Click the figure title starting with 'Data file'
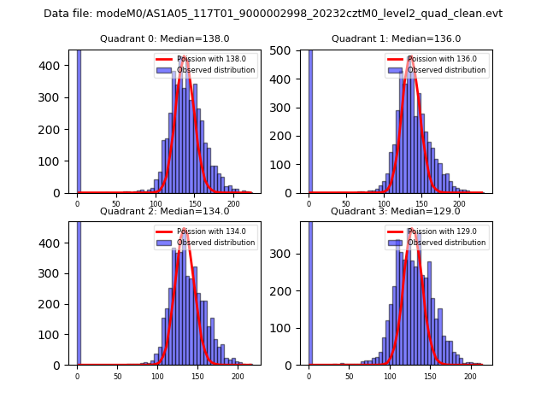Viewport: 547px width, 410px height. pyautogui.click(x=273, y=14)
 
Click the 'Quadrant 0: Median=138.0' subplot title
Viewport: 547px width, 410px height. pyautogui.click(x=164, y=38)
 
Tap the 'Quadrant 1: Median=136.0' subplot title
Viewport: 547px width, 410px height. pyautogui.click(x=396, y=38)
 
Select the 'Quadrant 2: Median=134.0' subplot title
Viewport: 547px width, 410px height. pyautogui.click(x=164, y=211)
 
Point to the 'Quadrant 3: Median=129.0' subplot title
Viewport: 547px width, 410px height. pyautogui.click(x=396, y=211)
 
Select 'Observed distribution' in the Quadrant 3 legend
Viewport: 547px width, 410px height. pyautogui.click(x=447, y=243)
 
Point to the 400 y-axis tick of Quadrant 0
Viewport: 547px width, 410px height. pyautogui.click(x=55, y=66)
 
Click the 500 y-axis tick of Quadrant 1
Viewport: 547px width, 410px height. pyautogui.click(x=286, y=50)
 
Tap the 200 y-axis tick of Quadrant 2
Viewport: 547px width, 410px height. pyautogui.click(x=55, y=304)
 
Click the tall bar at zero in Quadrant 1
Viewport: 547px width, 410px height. pyautogui.click(x=310, y=120)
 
